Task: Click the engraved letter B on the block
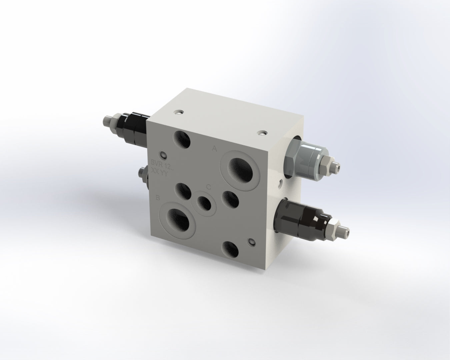click(x=158, y=198)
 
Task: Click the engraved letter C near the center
click(x=208, y=187)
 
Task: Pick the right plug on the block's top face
click(x=262, y=133)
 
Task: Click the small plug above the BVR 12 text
click(x=164, y=155)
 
